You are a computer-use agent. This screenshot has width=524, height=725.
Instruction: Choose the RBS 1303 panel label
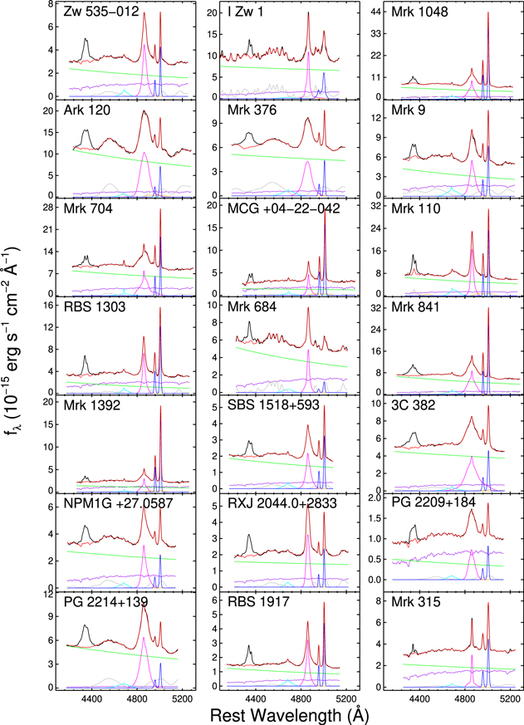(93, 306)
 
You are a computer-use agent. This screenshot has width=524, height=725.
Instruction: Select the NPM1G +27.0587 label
(110, 502)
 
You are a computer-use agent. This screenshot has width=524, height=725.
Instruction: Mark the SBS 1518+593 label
(267, 404)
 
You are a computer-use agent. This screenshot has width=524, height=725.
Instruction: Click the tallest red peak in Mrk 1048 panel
(488, 14)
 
